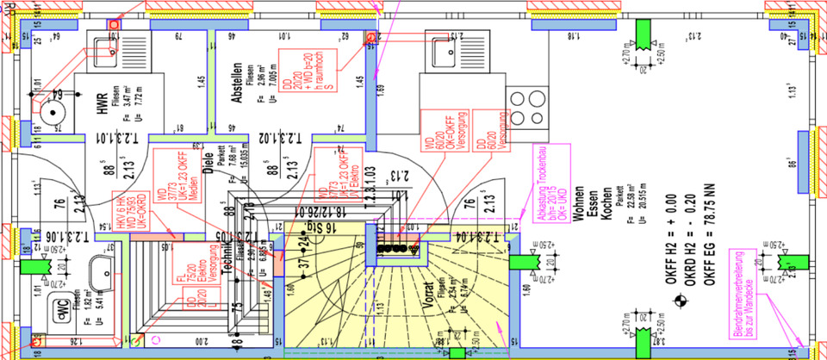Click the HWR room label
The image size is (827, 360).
101,104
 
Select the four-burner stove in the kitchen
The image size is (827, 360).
524,108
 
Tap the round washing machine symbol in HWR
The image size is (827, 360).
54,110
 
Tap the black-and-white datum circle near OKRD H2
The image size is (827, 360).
682,301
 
